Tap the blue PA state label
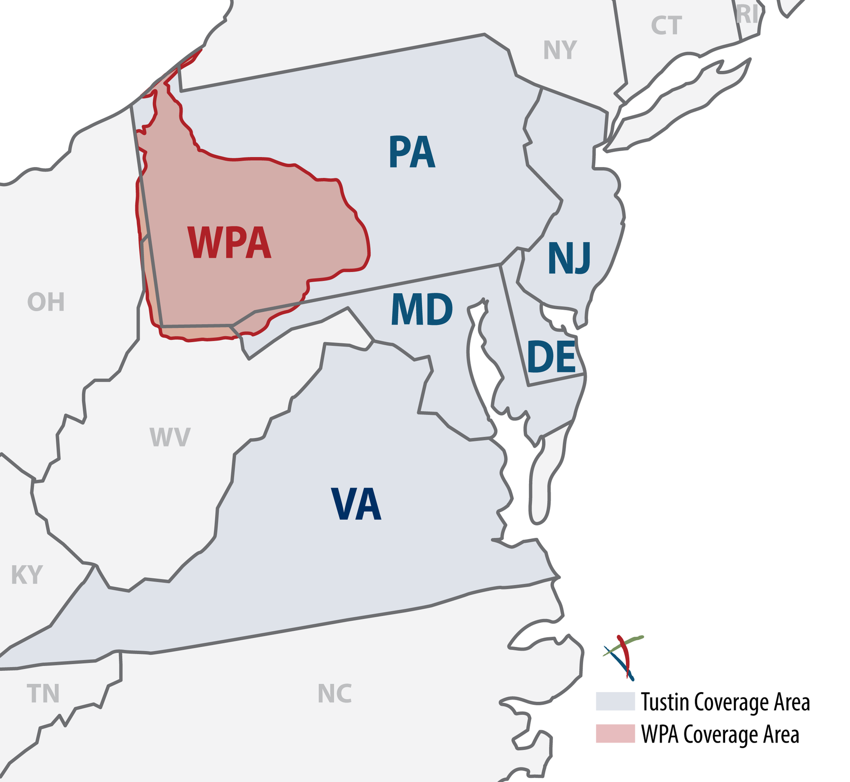412,152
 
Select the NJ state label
569,258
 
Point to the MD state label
421,309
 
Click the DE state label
551,357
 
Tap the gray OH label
46,302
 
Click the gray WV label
170,437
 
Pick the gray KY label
27,575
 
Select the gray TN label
43,693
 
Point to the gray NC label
335,693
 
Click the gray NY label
560,50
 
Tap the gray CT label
666,26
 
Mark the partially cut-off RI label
747,15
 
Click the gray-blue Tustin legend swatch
615,701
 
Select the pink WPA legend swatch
615,733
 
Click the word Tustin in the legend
665,702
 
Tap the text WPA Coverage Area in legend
720,734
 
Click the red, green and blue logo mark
623,657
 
